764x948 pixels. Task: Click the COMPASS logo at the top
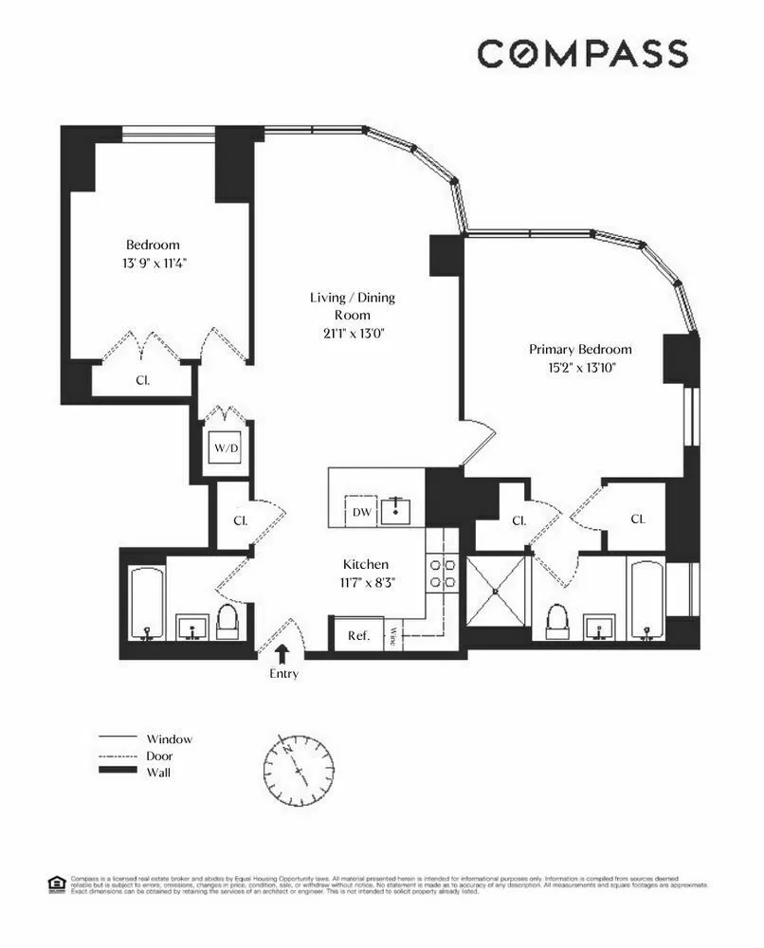[x=582, y=54]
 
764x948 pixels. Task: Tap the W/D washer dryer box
[x=225, y=448]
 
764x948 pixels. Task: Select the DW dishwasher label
[x=361, y=513]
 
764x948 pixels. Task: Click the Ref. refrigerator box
[x=358, y=635]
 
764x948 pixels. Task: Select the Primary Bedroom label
[x=580, y=350]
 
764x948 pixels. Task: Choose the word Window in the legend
[x=169, y=738]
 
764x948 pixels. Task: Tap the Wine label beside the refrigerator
[x=393, y=636]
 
